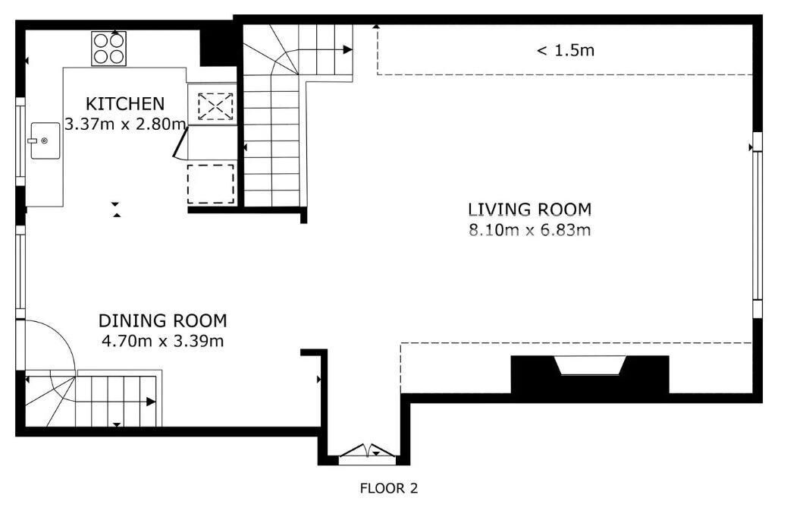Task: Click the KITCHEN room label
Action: click(x=125, y=104)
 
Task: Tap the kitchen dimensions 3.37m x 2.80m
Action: click(x=125, y=125)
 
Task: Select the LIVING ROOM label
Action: click(x=529, y=210)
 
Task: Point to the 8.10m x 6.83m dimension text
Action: click(x=529, y=230)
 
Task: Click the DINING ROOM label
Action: click(x=162, y=320)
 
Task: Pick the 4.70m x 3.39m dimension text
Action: click(x=162, y=341)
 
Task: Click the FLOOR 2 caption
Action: click(x=389, y=488)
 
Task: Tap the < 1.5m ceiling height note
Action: click(x=566, y=50)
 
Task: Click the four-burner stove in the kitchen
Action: click(x=109, y=49)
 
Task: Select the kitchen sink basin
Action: click(x=45, y=140)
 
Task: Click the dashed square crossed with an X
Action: click(x=215, y=106)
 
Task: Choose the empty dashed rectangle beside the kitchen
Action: click(x=211, y=184)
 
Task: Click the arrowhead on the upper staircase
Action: click(x=348, y=50)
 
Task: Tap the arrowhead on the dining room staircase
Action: click(x=151, y=402)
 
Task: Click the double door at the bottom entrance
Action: click(x=368, y=451)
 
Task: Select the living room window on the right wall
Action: click(x=757, y=225)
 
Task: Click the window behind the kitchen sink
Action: click(x=20, y=141)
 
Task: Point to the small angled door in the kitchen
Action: click(x=180, y=143)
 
